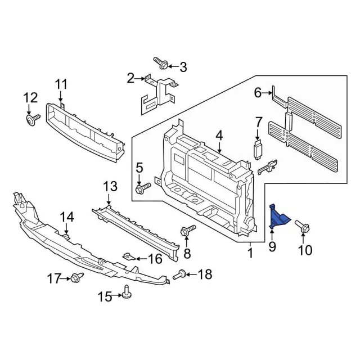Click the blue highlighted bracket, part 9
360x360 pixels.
pos(278,219)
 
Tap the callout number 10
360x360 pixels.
pos(304,250)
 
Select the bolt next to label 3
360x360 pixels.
pos(160,65)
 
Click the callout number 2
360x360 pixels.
pos(130,78)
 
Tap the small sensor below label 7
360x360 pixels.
pos(259,149)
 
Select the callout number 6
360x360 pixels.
pos(258,93)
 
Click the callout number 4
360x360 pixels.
pos(219,135)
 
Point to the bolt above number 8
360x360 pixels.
pos(187,230)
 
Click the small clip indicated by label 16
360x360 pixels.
pos(129,258)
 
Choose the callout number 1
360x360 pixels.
pos(250,254)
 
